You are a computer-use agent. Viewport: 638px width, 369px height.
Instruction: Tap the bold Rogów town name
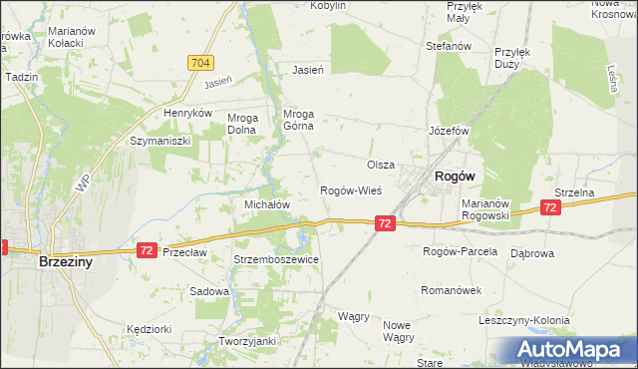(454, 176)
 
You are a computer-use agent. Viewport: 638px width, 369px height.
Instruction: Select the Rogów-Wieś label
(350, 190)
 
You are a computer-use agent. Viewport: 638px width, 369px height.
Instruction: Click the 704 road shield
(199, 62)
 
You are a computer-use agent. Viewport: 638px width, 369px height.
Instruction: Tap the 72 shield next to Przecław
(147, 249)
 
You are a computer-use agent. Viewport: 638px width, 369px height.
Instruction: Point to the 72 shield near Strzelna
(549, 207)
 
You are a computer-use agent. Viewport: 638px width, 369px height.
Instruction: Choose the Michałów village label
(267, 203)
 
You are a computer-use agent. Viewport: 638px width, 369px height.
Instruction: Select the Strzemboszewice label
(275, 259)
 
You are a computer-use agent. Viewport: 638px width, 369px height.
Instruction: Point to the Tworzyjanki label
(246, 341)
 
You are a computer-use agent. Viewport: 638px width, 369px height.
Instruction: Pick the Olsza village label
(381, 165)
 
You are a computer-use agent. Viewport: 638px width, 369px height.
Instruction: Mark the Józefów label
(449, 131)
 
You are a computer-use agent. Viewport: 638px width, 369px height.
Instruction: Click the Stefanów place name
(448, 46)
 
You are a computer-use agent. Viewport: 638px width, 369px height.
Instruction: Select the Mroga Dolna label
(243, 123)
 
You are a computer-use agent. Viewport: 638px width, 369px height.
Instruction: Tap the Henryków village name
(189, 114)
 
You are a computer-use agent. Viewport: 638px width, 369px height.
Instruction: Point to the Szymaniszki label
(159, 142)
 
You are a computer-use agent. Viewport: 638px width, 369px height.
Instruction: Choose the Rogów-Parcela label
(460, 251)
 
